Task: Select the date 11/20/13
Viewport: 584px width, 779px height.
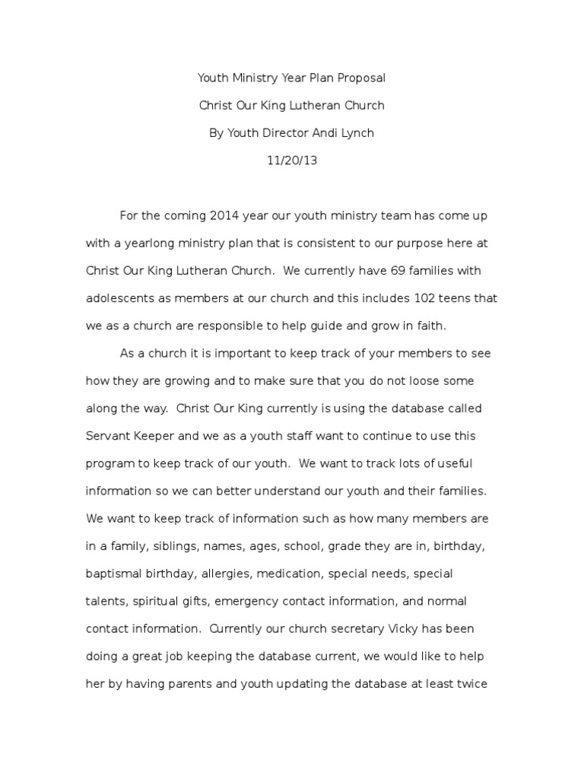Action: tap(292, 161)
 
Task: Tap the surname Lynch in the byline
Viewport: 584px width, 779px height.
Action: tap(354, 133)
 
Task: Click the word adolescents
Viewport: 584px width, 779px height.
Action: tap(122, 298)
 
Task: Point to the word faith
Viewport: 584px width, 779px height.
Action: tap(430, 326)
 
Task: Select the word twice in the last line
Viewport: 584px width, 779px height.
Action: tap(471, 684)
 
